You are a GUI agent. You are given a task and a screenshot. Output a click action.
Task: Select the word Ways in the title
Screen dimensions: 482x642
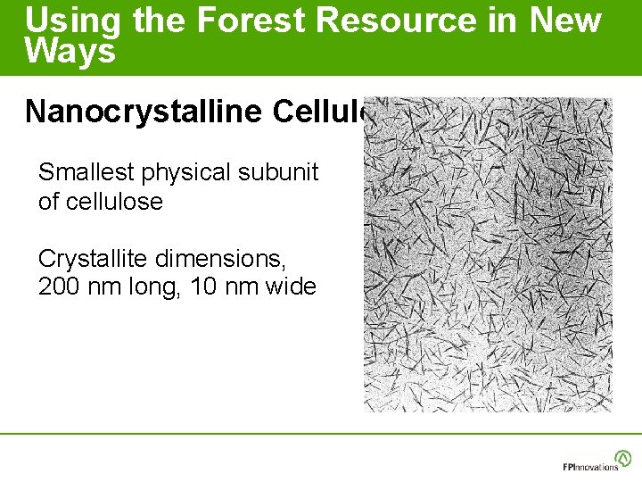(x=70, y=51)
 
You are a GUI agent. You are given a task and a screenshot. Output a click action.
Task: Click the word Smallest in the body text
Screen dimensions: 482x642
(x=87, y=172)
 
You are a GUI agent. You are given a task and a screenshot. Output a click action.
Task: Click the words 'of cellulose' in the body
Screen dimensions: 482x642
(x=100, y=202)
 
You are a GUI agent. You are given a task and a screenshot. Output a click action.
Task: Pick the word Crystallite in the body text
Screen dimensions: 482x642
(x=95, y=259)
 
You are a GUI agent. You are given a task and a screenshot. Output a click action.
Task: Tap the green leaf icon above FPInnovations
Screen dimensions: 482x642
(x=623, y=457)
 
